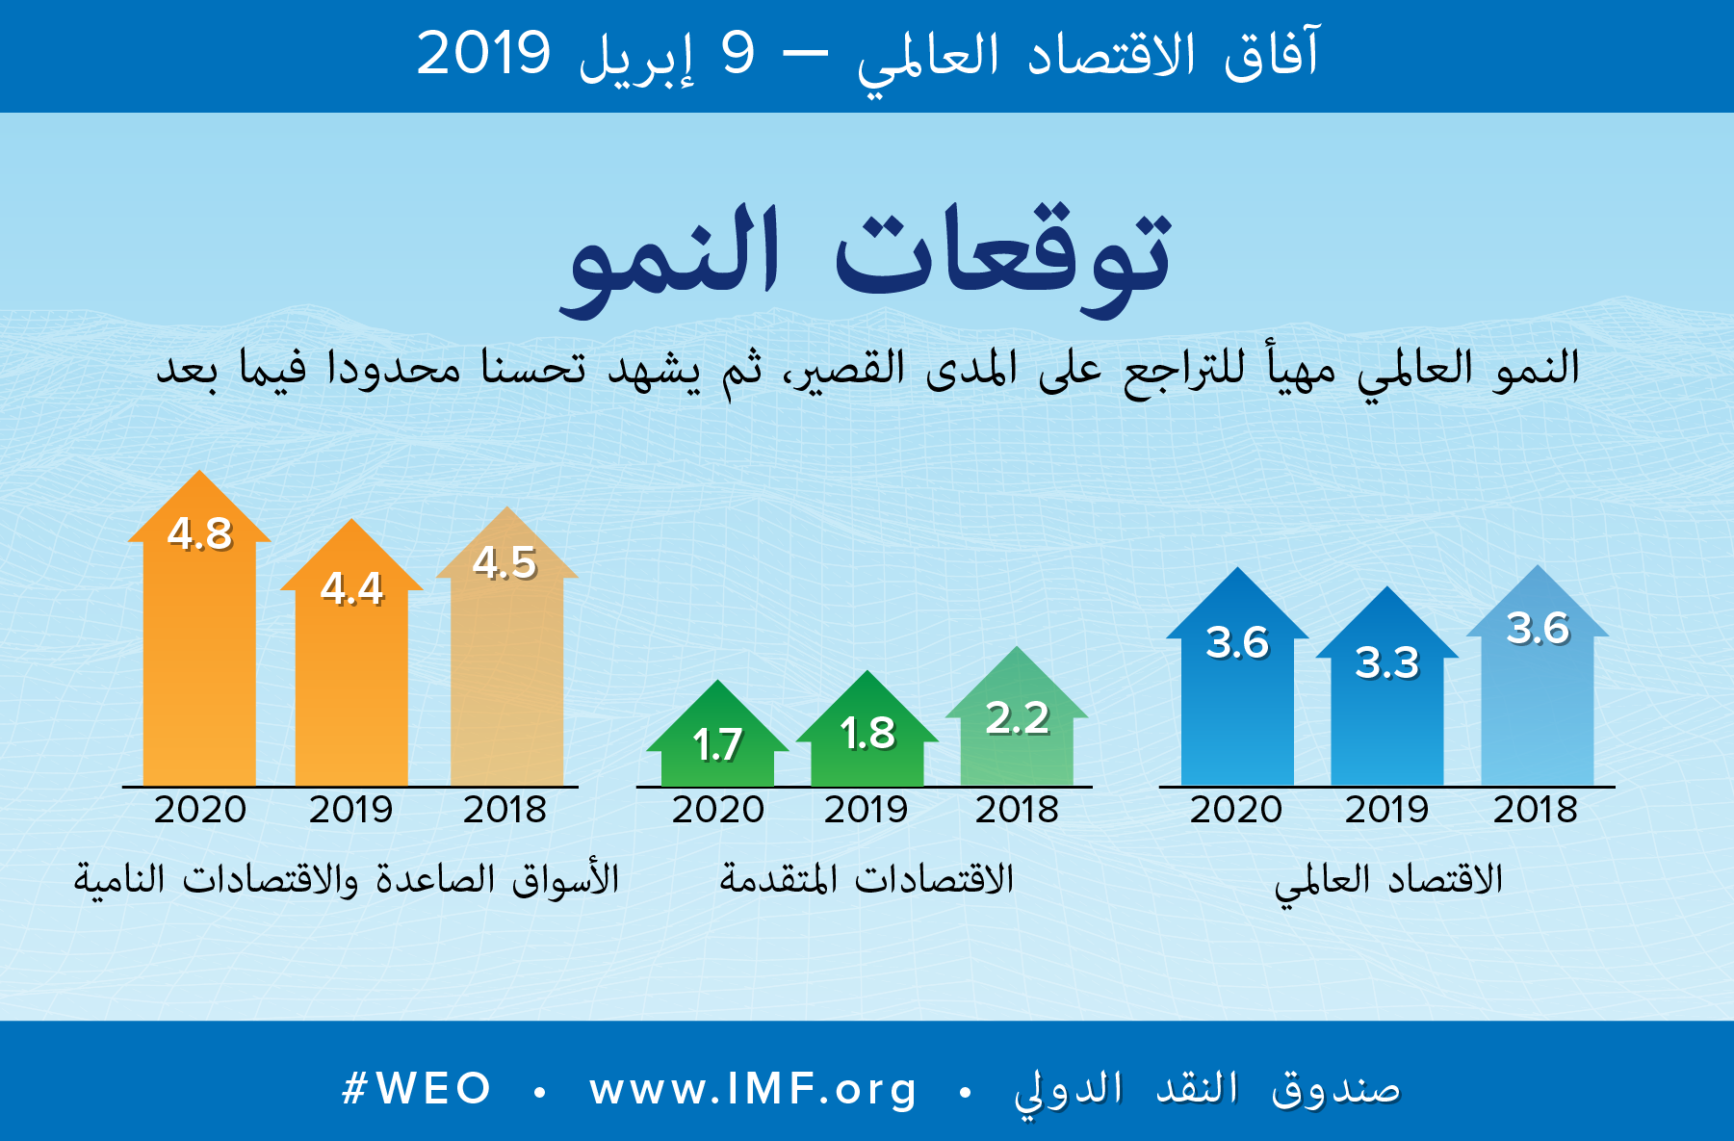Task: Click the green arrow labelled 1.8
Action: point(867,737)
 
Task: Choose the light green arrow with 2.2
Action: point(1017,727)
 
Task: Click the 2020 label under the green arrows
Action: point(718,810)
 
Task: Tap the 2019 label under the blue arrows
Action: point(1386,810)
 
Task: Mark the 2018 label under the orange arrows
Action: point(505,810)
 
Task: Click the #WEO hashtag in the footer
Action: point(417,1089)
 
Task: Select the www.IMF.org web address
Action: point(753,1089)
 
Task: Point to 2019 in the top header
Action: point(483,54)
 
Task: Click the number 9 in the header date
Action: point(738,54)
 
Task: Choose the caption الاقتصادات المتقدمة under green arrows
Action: point(867,879)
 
